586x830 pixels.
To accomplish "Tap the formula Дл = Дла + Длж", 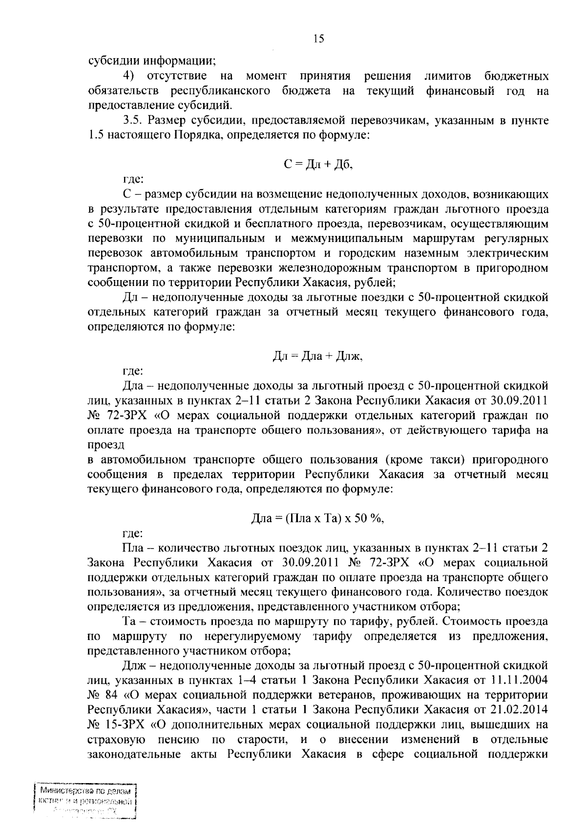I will [x=317, y=357].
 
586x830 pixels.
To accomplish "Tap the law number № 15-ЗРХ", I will [x=117, y=724].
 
